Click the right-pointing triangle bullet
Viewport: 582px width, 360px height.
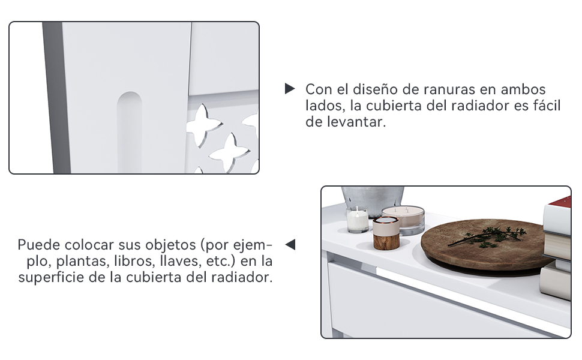point(290,88)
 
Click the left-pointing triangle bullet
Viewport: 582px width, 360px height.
point(290,244)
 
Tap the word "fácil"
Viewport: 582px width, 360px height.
point(545,106)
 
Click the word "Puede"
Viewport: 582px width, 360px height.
point(39,245)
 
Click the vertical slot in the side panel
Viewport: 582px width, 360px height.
point(130,132)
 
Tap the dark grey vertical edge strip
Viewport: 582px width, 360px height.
point(56,98)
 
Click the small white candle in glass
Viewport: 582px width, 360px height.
point(358,220)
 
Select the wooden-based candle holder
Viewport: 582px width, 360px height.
point(386,233)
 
